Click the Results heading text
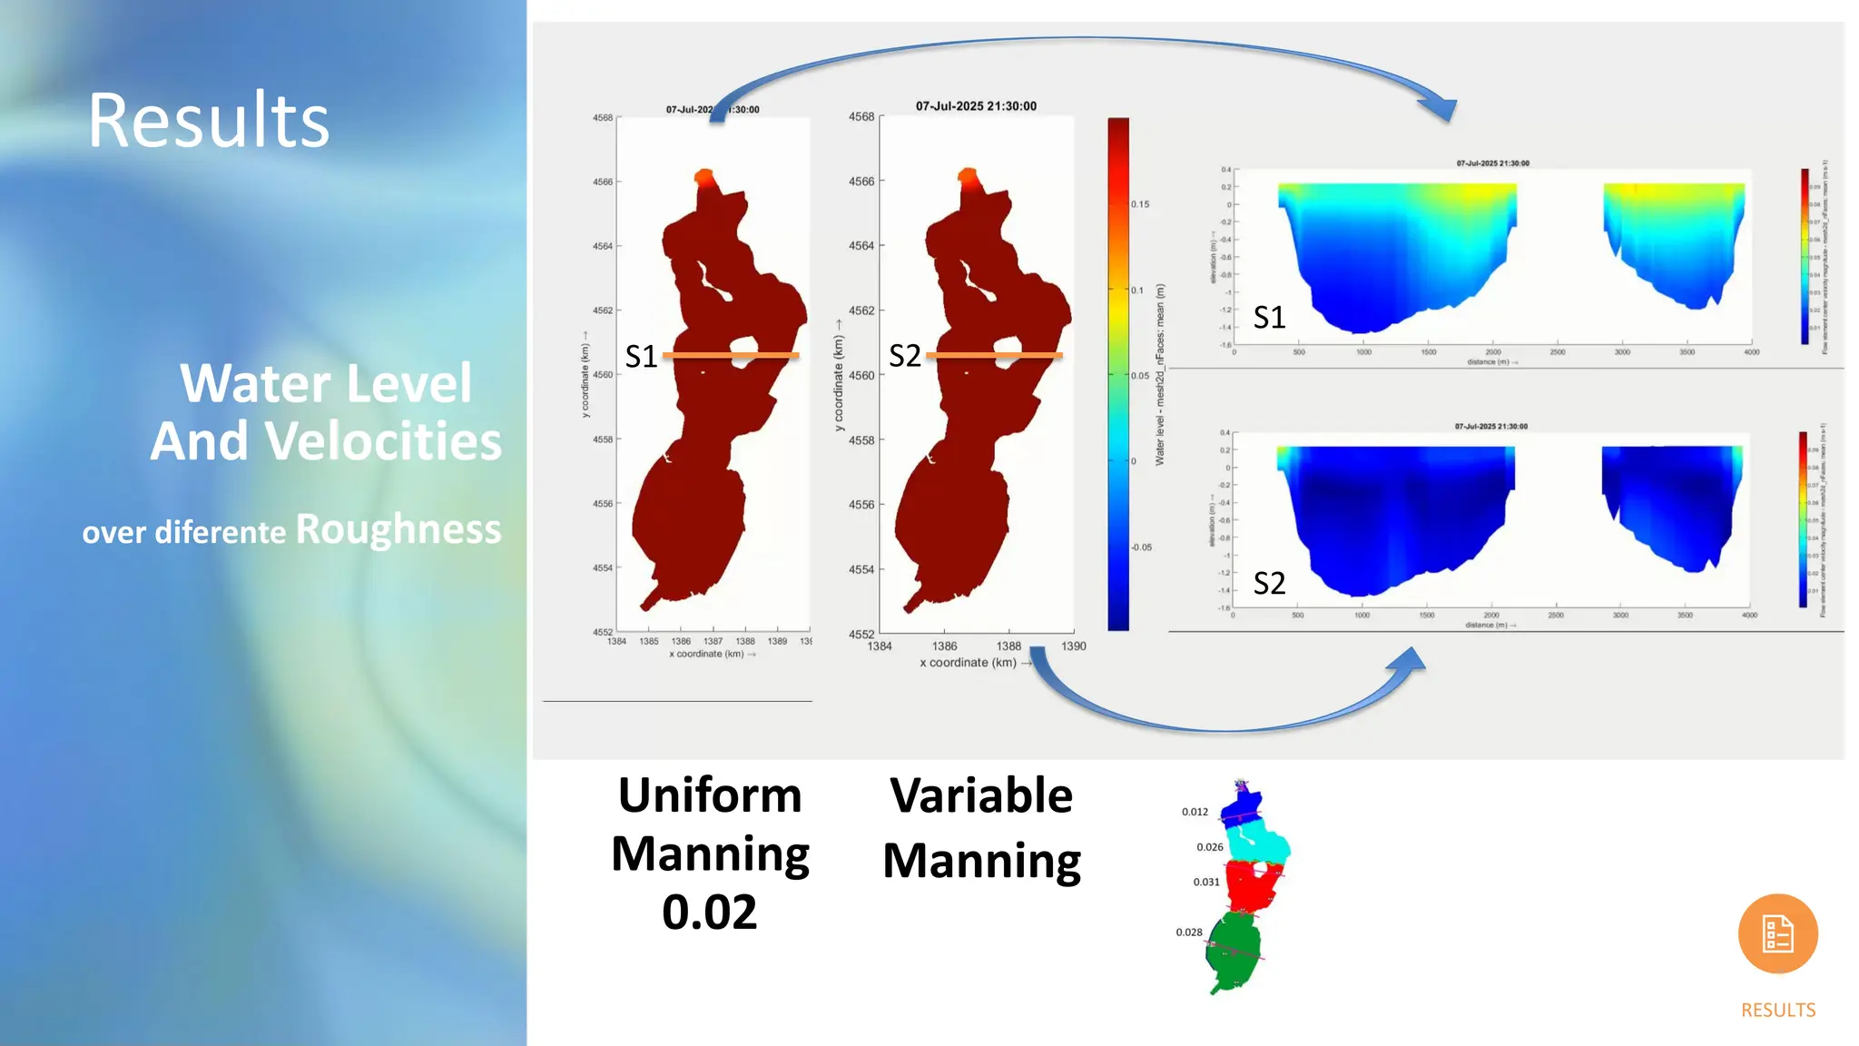209,121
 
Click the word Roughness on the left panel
398,529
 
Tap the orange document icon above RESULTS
1777,933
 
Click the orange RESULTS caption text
1777,1010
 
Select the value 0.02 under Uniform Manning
709,912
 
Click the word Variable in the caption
981,795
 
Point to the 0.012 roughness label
1195,812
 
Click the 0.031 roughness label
1206,882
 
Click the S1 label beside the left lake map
641,357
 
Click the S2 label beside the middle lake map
904,356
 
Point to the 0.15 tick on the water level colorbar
1140,204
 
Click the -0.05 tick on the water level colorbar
1141,548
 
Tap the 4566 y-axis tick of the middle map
861,182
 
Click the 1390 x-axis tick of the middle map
1073,646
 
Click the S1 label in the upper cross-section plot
1269,317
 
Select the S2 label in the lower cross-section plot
1269,583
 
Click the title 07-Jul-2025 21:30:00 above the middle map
976,106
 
